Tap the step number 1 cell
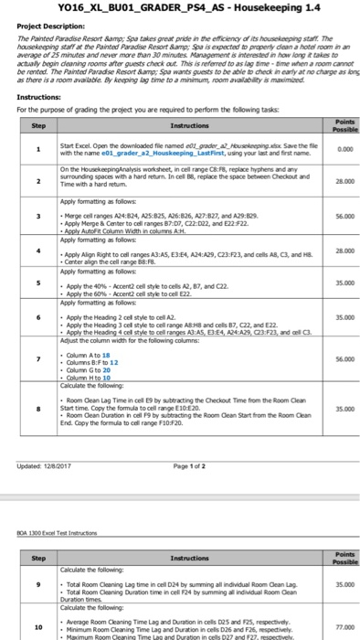[x=38, y=148]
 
